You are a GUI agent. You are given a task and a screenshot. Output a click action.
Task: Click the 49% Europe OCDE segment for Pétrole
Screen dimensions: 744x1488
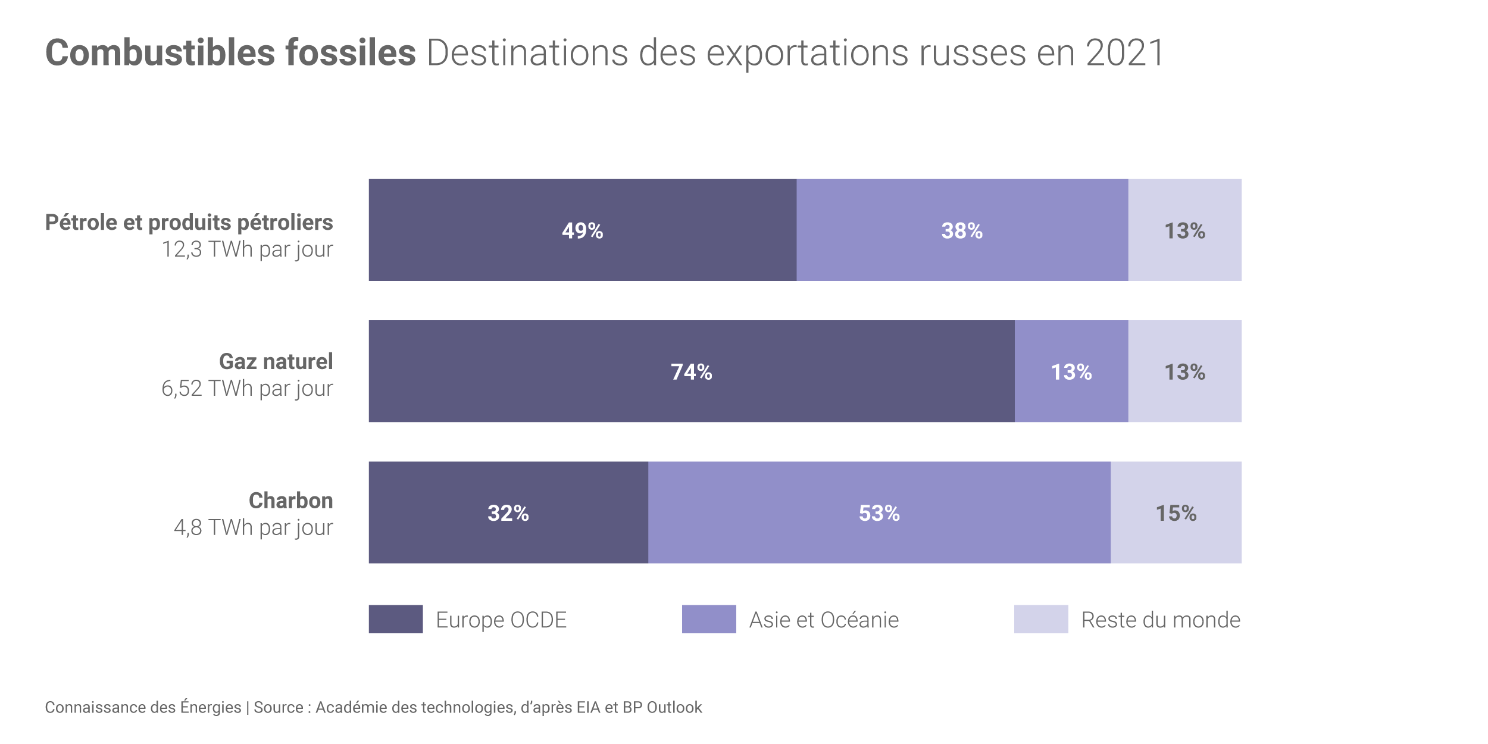click(x=582, y=230)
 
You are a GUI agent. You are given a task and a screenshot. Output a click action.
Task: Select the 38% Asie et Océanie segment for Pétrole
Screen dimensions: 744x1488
click(x=962, y=230)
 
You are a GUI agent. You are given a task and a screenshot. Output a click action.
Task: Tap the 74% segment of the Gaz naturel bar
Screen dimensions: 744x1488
click(x=692, y=371)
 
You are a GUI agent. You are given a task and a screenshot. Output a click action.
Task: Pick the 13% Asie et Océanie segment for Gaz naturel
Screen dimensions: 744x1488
click(x=1071, y=371)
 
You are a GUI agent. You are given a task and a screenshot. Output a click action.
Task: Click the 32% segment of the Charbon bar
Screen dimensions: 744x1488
click(x=508, y=512)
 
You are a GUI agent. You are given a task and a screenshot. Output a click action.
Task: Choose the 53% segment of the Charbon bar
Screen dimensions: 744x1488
click(x=879, y=512)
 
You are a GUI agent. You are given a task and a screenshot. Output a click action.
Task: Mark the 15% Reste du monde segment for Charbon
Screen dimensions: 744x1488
click(x=1176, y=512)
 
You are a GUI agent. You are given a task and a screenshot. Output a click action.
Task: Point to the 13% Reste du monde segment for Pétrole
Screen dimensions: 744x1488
click(x=1184, y=230)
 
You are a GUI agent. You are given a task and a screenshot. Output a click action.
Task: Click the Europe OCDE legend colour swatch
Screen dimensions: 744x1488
click(x=396, y=619)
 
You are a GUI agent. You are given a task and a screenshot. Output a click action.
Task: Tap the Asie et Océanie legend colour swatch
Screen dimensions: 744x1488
click(x=709, y=619)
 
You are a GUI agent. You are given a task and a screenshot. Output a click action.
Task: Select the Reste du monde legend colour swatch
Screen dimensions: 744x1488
click(x=1041, y=619)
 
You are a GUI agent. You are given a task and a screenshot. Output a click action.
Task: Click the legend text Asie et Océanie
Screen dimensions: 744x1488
click(x=824, y=620)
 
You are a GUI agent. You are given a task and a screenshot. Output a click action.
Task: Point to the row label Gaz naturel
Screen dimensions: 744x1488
click(x=276, y=361)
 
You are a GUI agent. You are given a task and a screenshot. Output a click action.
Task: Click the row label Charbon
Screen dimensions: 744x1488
click(x=290, y=501)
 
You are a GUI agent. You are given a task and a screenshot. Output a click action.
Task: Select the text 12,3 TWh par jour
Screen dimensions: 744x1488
click(x=247, y=249)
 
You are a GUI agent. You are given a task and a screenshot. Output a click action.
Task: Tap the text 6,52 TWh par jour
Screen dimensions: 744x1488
click(x=247, y=389)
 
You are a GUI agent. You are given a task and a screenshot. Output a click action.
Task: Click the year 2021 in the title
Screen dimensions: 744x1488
click(x=1124, y=52)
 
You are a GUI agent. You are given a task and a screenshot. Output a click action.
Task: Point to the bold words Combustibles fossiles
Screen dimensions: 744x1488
click(x=230, y=52)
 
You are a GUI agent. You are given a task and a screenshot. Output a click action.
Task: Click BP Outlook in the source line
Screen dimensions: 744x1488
click(x=662, y=707)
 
